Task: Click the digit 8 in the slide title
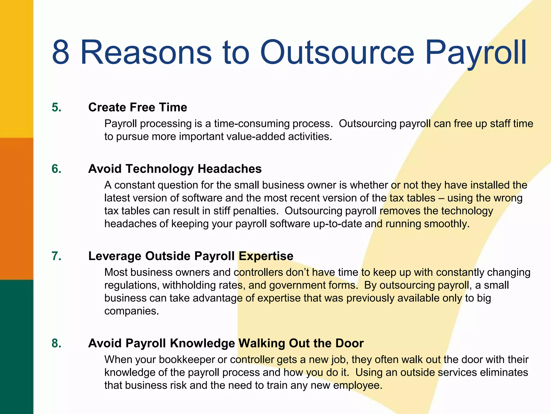61,52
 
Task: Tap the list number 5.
56,107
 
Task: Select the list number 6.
56,169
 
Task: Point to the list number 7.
56,256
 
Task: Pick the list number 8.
56,343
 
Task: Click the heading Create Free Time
137,107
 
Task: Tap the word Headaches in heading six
229,169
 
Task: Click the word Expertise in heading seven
266,256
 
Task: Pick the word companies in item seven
131,311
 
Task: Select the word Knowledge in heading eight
202,343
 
